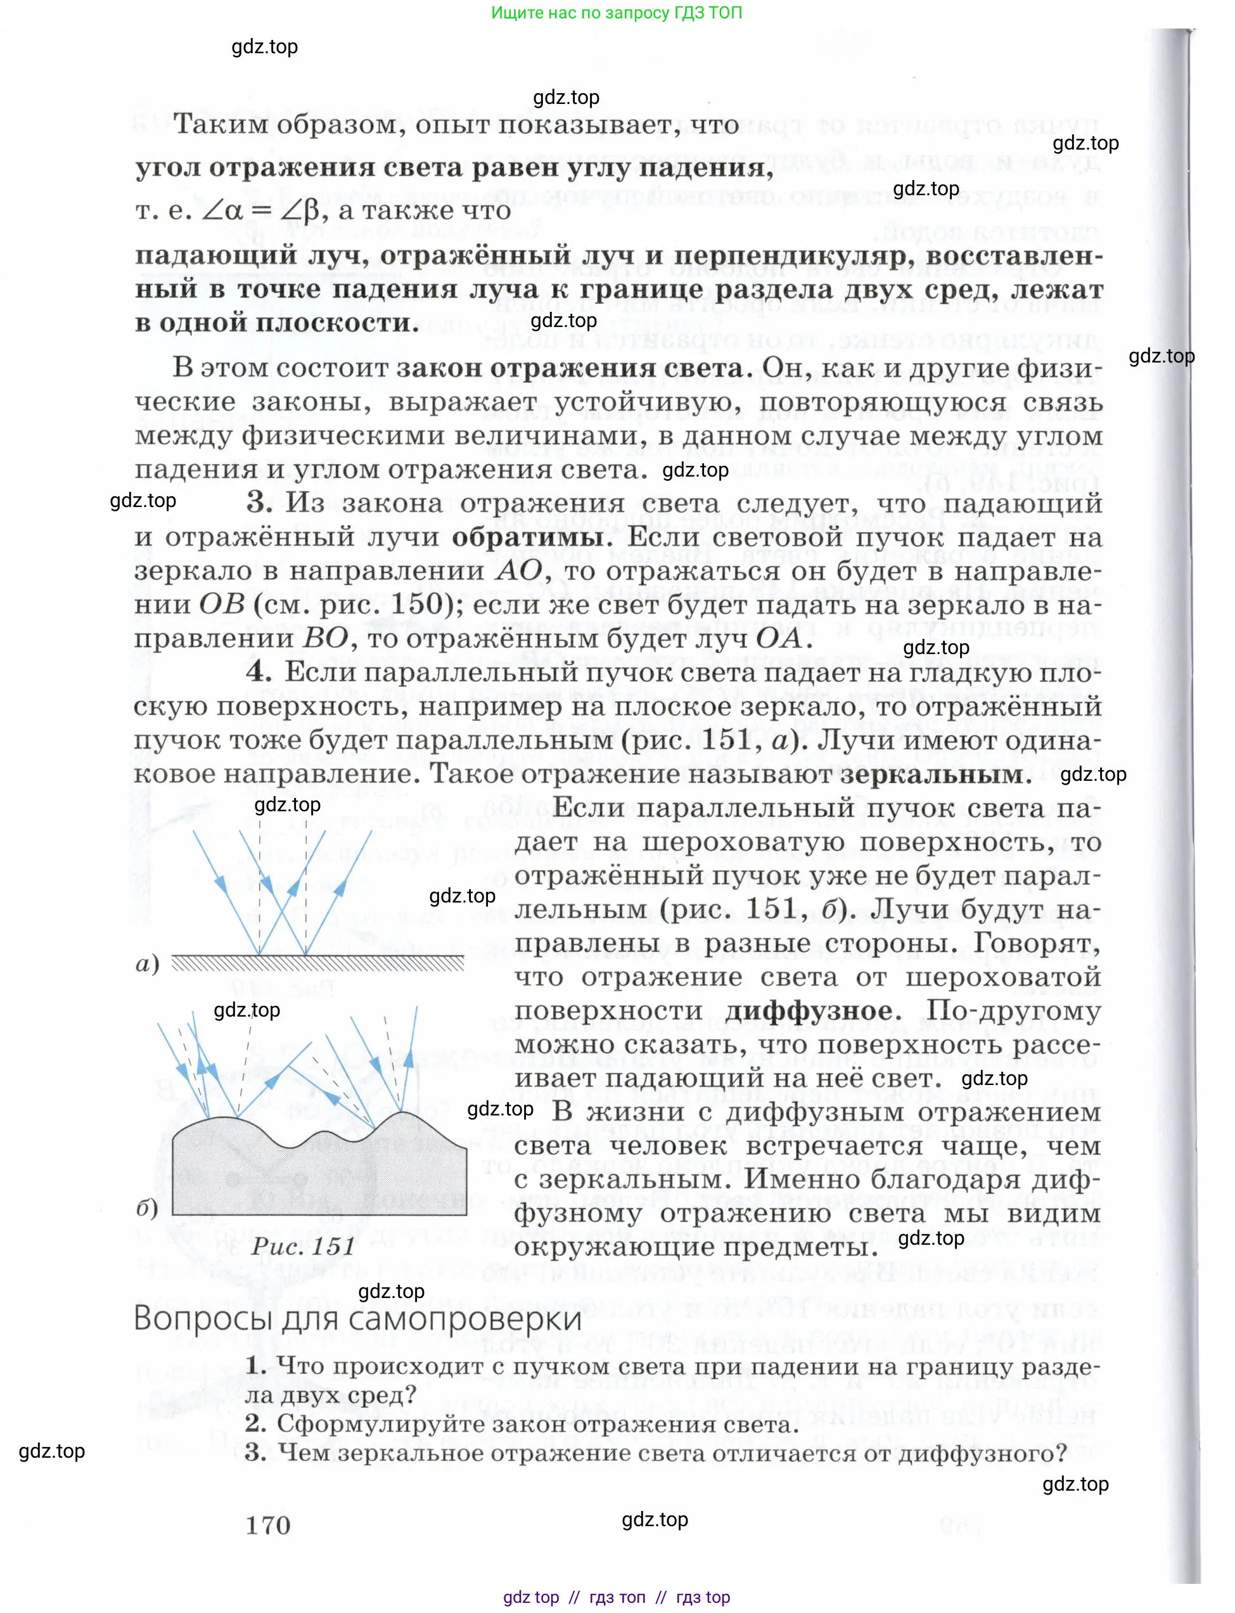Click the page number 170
(268, 1526)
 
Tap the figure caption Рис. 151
(303, 1245)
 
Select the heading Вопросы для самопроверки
(358, 1318)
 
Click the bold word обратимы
(532, 537)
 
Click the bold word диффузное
(809, 1011)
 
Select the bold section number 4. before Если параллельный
(259, 671)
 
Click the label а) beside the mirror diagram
(148, 964)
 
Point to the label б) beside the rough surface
(147, 1209)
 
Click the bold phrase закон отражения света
(570, 368)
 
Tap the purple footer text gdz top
(531, 1597)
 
